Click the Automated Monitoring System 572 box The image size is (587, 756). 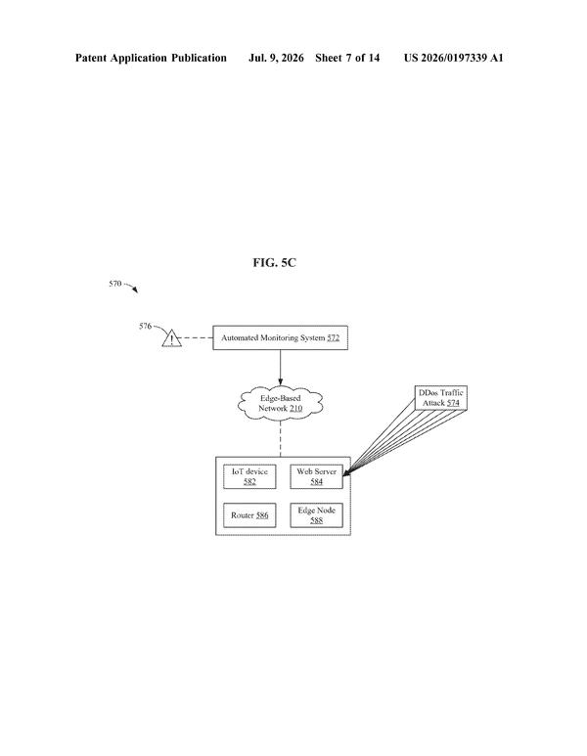tap(280, 337)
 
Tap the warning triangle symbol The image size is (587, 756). tap(171, 338)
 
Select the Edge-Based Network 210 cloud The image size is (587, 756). tap(280, 404)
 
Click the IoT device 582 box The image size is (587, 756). tap(249, 476)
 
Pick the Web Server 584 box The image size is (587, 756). tap(316, 476)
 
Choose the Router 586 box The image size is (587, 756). tap(249, 515)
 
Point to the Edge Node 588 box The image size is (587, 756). tap(316, 515)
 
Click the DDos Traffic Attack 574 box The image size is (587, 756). tap(441, 398)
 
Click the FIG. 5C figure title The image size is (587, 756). tap(275, 263)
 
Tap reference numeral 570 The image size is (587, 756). tap(114, 284)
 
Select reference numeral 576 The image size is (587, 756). tap(145, 326)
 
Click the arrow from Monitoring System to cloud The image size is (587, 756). tap(280, 368)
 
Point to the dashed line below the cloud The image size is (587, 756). tap(280, 439)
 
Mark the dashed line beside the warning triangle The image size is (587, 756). tap(198, 338)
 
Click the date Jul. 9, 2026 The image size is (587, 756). tap(276, 59)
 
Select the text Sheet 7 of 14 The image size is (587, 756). tap(347, 59)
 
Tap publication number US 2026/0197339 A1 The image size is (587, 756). tap(453, 59)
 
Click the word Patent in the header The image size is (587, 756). tap(91, 59)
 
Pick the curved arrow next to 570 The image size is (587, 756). tap(131, 287)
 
